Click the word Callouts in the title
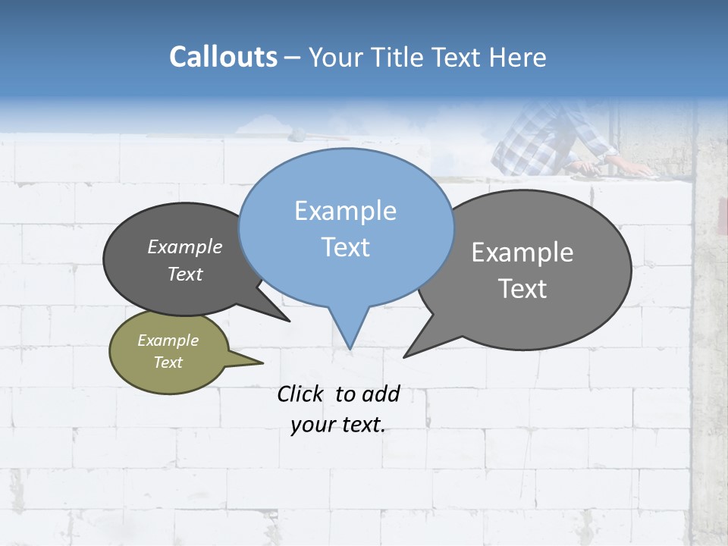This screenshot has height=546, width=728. tap(223, 57)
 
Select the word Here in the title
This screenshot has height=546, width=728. tap(518, 57)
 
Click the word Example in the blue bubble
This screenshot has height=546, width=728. tap(345, 211)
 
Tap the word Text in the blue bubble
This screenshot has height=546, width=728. tap(346, 247)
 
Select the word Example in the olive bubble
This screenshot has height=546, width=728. tap(168, 340)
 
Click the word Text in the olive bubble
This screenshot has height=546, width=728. tap(168, 362)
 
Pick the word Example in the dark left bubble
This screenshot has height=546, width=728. tap(184, 246)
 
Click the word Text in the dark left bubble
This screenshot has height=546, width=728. tap(184, 274)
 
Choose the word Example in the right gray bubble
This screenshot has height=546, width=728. tap(522, 253)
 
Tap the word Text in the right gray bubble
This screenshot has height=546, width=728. tap(523, 289)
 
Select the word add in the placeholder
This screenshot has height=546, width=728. tap(381, 394)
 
